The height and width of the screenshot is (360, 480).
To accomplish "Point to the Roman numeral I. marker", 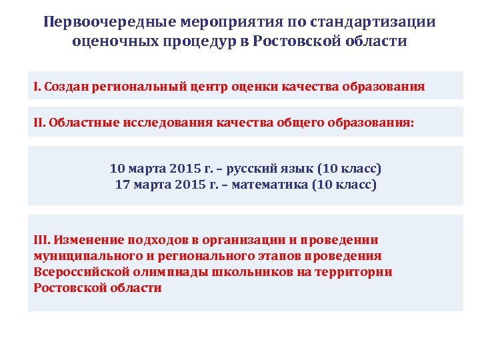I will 37,87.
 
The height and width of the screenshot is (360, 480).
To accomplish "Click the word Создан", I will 65,87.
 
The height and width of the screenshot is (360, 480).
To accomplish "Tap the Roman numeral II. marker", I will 39,123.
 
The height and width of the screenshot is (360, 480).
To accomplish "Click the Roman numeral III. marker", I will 41,240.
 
